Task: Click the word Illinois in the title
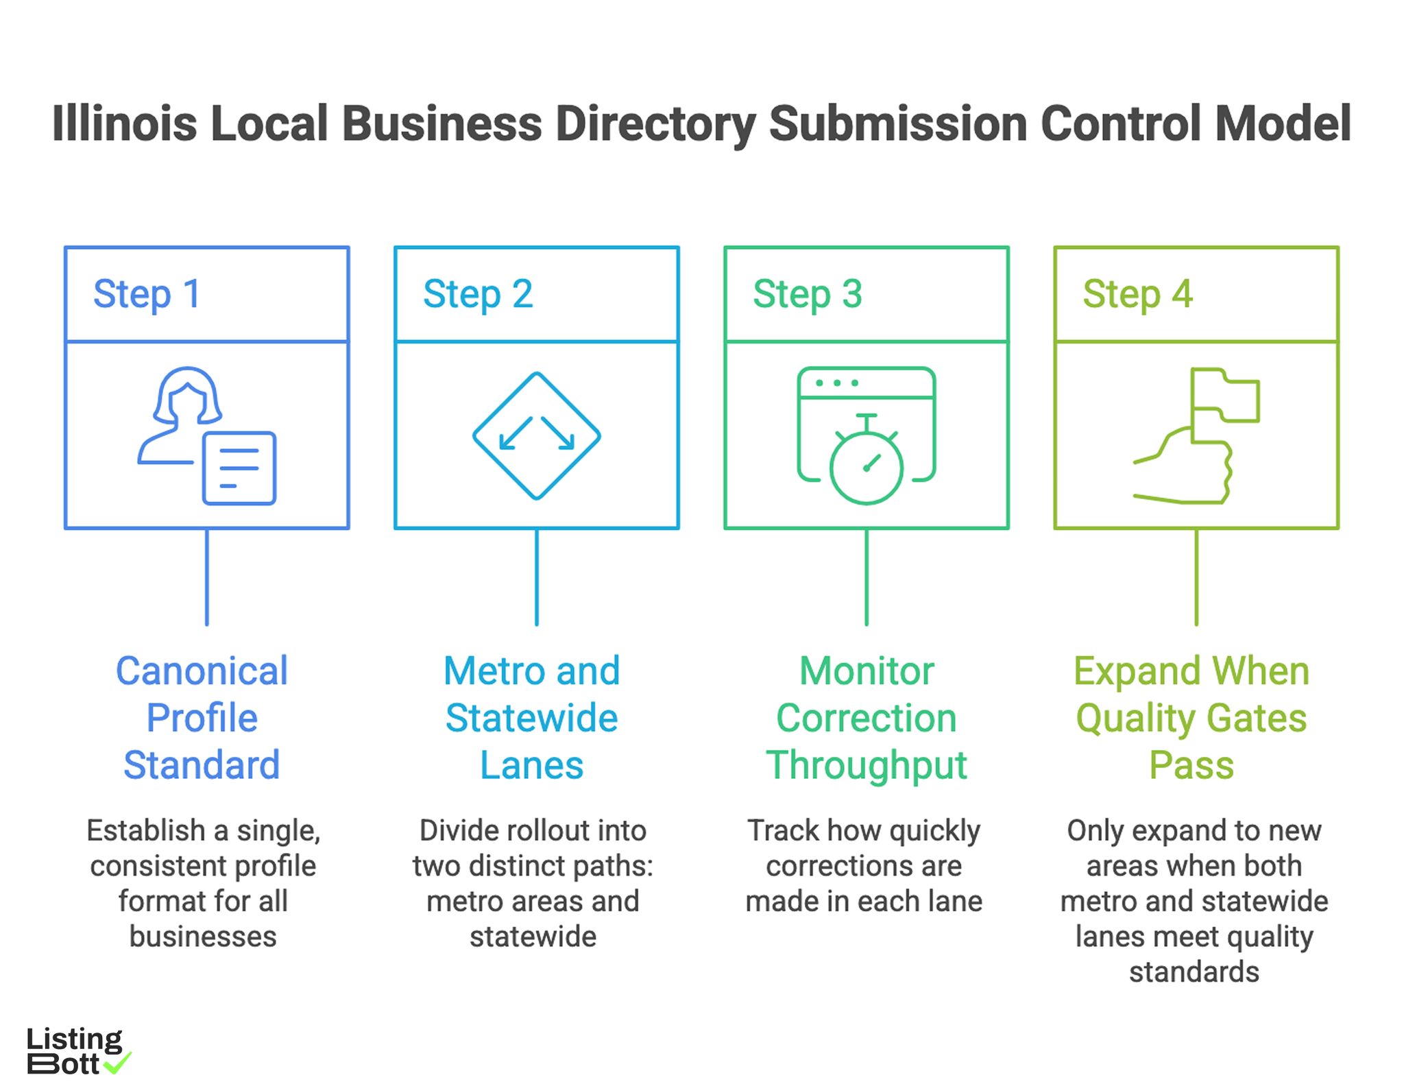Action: (x=124, y=124)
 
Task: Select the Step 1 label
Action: (x=147, y=294)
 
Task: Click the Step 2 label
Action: (x=478, y=294)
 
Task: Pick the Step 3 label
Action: (x=807, y=294)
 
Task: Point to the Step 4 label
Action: (x=1137, y=294)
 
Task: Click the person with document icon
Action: (x=206, y=436)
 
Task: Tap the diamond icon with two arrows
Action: (x=536, y=436)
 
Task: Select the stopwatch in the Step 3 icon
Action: (x=866, y=466)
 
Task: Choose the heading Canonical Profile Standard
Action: (x=202, y=717)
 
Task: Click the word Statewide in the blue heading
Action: (x=531, y=718)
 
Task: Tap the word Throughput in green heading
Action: (x=866, y=765)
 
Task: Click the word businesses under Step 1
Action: (x=203, y=937)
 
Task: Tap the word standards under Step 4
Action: (x=1194, y=972)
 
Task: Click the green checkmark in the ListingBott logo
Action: (x=117, y=1063)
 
